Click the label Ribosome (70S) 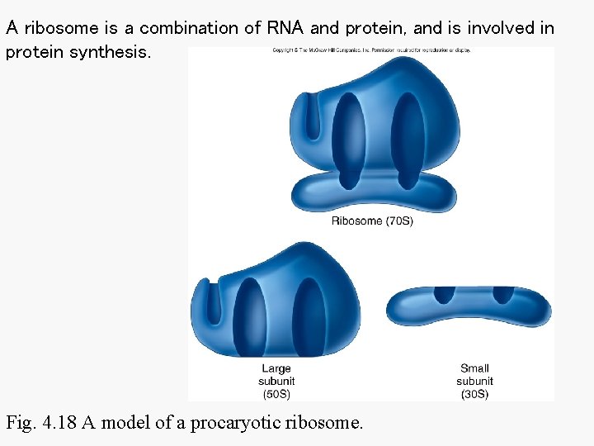click(372, 221)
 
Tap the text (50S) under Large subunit click(276, 394)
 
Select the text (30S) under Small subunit click(474, 394)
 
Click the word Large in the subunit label click(276, 368)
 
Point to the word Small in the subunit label click(474, 368)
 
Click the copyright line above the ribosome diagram click(371, 50)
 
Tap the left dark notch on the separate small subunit click(445, 293)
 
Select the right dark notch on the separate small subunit click(502, 293)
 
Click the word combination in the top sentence click(191, 27)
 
